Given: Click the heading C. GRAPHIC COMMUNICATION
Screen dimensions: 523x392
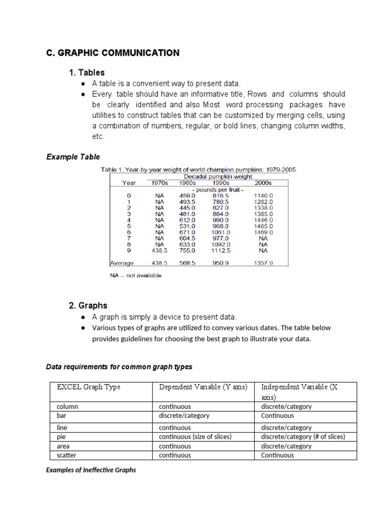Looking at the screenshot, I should (x=112, y=53).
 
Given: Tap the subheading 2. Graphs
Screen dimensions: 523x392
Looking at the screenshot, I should (x=88, y=305).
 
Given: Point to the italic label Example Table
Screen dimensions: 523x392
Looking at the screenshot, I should (x=73, y=157).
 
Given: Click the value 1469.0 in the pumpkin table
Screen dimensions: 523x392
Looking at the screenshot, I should (x=263, y=232).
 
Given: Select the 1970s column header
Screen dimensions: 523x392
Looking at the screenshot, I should (x=160, y=182).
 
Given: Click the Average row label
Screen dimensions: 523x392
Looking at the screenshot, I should (x=122, y=263).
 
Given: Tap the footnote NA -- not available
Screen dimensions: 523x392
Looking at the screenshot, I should (x=136, y=275).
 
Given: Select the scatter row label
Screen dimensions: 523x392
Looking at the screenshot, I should (x=66, y=455).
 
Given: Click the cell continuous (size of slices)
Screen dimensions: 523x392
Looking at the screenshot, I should (x=195, y=437).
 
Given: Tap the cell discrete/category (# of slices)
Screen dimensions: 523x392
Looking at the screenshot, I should (x=303, y=437).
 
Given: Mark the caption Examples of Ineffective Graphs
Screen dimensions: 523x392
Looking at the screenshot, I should (x=91, y=470).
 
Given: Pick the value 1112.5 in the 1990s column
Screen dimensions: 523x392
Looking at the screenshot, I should (x=220, y=250).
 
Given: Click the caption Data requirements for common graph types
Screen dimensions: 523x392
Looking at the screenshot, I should (x=119, y=367).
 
